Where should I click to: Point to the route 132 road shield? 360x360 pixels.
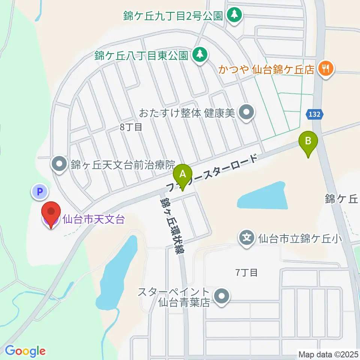[315, 115]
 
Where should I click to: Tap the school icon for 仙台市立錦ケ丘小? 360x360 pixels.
[246, 237]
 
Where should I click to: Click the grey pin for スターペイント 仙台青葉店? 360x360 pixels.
[222, 297]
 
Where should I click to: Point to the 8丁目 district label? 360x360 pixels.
[131, 127]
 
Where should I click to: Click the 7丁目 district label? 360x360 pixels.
[246, 272]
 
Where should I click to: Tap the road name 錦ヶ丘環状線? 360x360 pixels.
[171, 227]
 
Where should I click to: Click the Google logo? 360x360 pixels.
[25, 351]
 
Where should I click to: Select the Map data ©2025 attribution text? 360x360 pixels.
[328, 354]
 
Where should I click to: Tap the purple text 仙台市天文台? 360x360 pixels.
[93, 219]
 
